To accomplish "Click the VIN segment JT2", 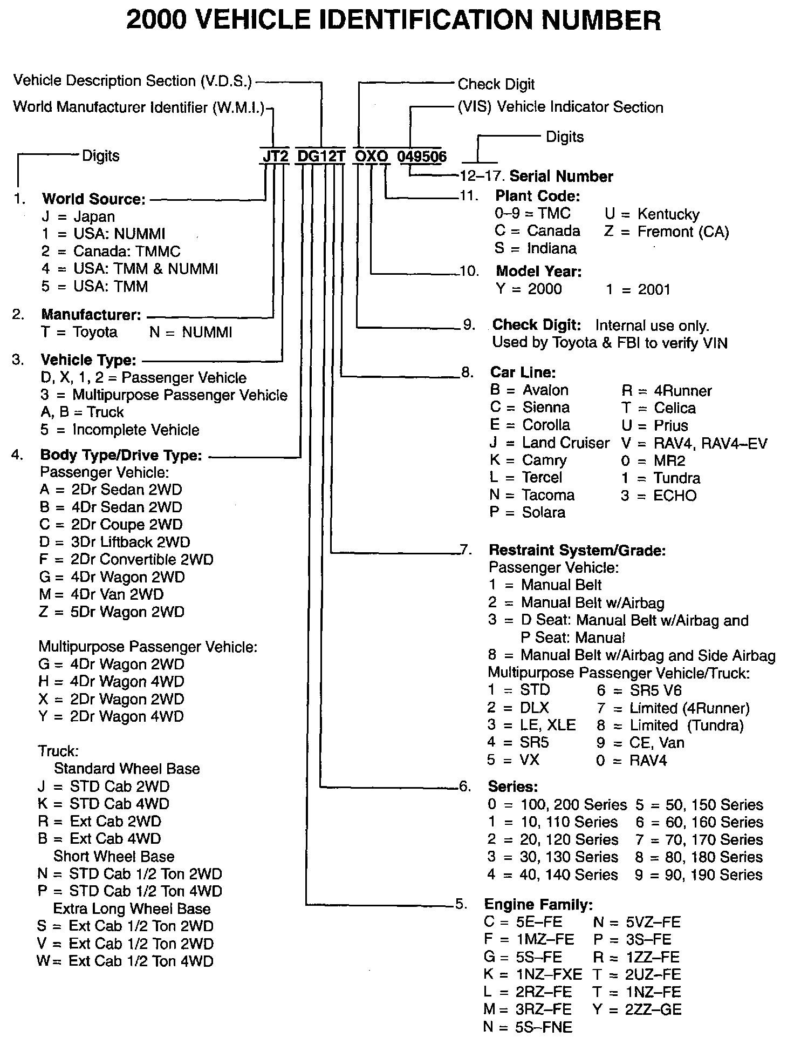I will click(275, 156).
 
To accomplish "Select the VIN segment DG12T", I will click(321, 156).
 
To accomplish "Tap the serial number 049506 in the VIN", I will click(422, 157).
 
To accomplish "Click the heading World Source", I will click(94, 199).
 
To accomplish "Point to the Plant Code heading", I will click(537, 195).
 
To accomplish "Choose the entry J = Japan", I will click(78, 216).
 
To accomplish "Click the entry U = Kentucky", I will click(652, 214).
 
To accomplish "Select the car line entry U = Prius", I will click(654, 425).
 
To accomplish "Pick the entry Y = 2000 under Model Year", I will click(529, 289).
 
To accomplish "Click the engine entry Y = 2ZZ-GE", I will click(636, 1009).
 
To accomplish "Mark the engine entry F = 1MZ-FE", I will click(529, 939).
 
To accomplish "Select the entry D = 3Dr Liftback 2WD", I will click(114, 542).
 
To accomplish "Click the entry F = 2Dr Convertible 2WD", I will click(126, 559).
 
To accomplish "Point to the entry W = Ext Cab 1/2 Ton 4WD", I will click(125, 961).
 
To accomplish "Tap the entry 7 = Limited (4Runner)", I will click(673, 708).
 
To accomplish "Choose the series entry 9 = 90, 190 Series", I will click(699, 874).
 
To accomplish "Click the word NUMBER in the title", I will click(601, 21).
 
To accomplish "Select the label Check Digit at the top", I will click(496, 84).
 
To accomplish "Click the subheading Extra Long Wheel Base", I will click(132, 909).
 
